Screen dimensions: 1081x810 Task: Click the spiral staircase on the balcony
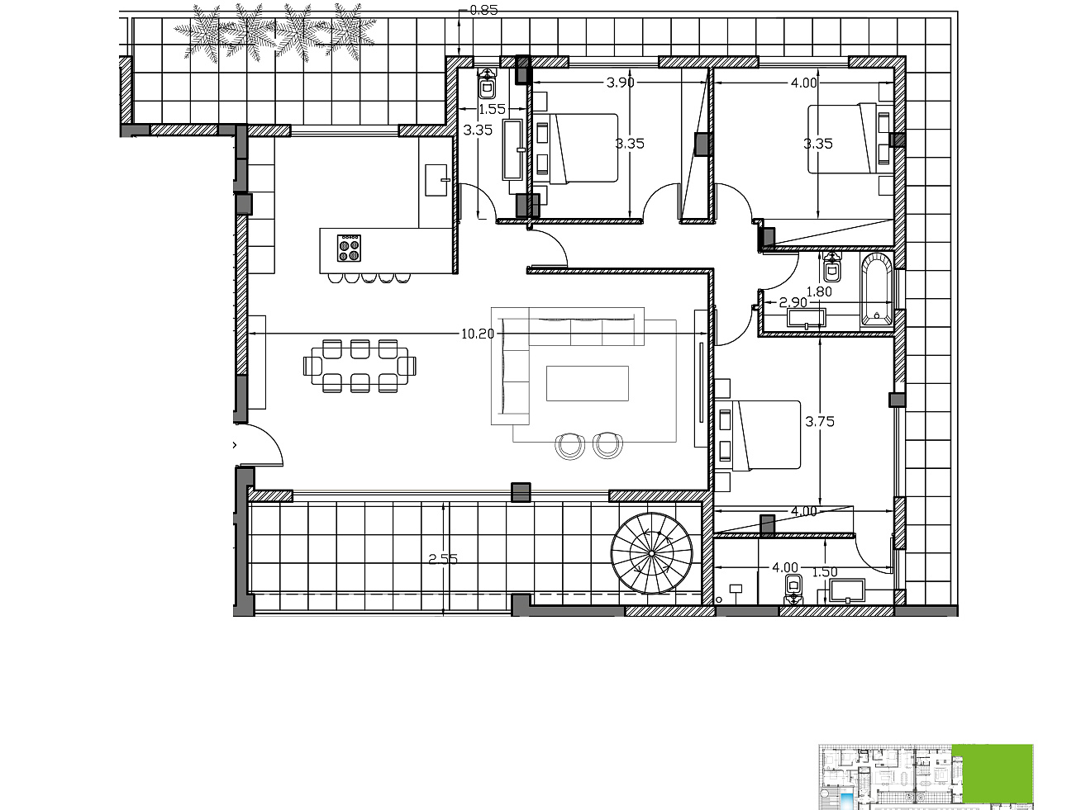point(651,553)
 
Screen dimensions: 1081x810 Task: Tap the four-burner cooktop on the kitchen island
point(349,248)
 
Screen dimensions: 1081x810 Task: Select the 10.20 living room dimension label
point(477,334)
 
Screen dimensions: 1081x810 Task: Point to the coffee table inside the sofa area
point(587,383)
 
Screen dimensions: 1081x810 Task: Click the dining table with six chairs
point(360,366)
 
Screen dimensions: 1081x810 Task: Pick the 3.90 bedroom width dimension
point(620,83)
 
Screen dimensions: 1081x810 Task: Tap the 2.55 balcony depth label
point(443,559)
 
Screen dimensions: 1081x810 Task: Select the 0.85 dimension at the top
point(483,10)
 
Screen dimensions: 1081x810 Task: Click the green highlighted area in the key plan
point(992,774)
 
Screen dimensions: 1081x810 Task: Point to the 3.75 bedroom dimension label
point(820,421)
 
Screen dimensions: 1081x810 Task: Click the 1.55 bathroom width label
point(492,109)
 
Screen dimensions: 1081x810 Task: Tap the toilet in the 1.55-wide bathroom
point(488,83)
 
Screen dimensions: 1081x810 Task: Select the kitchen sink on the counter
point(436,180)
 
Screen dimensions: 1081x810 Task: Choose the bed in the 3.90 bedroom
point(575,148)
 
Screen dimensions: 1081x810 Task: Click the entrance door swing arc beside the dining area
point(269,438)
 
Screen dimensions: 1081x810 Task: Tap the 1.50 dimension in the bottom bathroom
point(825,572)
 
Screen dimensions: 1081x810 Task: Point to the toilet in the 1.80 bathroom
point(831,267)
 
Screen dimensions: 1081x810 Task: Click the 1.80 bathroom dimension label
point(819,291)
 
